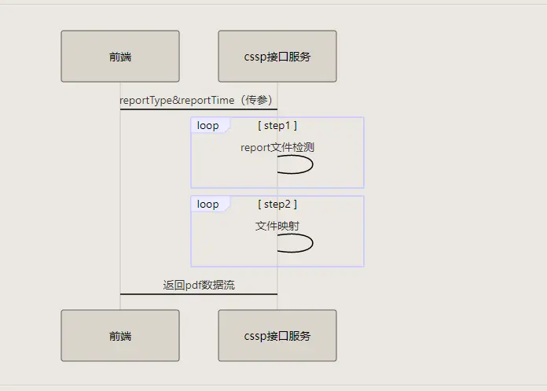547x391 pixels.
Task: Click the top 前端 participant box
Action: pyautogui.click(x=120, y=57)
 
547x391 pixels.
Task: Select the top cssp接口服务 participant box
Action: pyautogui.click(x=277, y=57)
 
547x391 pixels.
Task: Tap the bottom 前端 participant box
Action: pyautogui.click(x=120, y=336)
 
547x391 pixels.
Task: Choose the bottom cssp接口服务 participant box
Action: pyautogui.click(x=277, y=336)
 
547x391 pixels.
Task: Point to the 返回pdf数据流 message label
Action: pyautogui.click(x=199, y=285)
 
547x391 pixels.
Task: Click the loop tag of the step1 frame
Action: pyautogui.click(x=208, y=126)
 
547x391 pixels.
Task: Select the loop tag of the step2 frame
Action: pyautogui.click(x=208, y=205)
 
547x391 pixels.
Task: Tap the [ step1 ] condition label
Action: pyautogui.click(x=277, y=126)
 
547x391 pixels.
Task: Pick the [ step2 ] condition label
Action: pyautogui.click(x=277, y=205)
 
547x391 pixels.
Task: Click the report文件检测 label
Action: pyautogui.click(x=277, y=146)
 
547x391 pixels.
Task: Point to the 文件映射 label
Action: pyautogui.click(x=277, y=226)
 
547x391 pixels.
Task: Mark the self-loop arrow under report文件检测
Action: pyautogui.click(x=297, y=164)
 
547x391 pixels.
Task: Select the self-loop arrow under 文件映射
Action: pyautogui.click(x=297, y=243)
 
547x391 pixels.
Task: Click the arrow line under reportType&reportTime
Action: pyautogui.click(x=199, y=109)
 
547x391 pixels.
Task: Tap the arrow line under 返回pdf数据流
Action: pyautogui.click(x=199, y=294)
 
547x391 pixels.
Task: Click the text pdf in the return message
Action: pyautogui.click(x=193, y=285)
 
